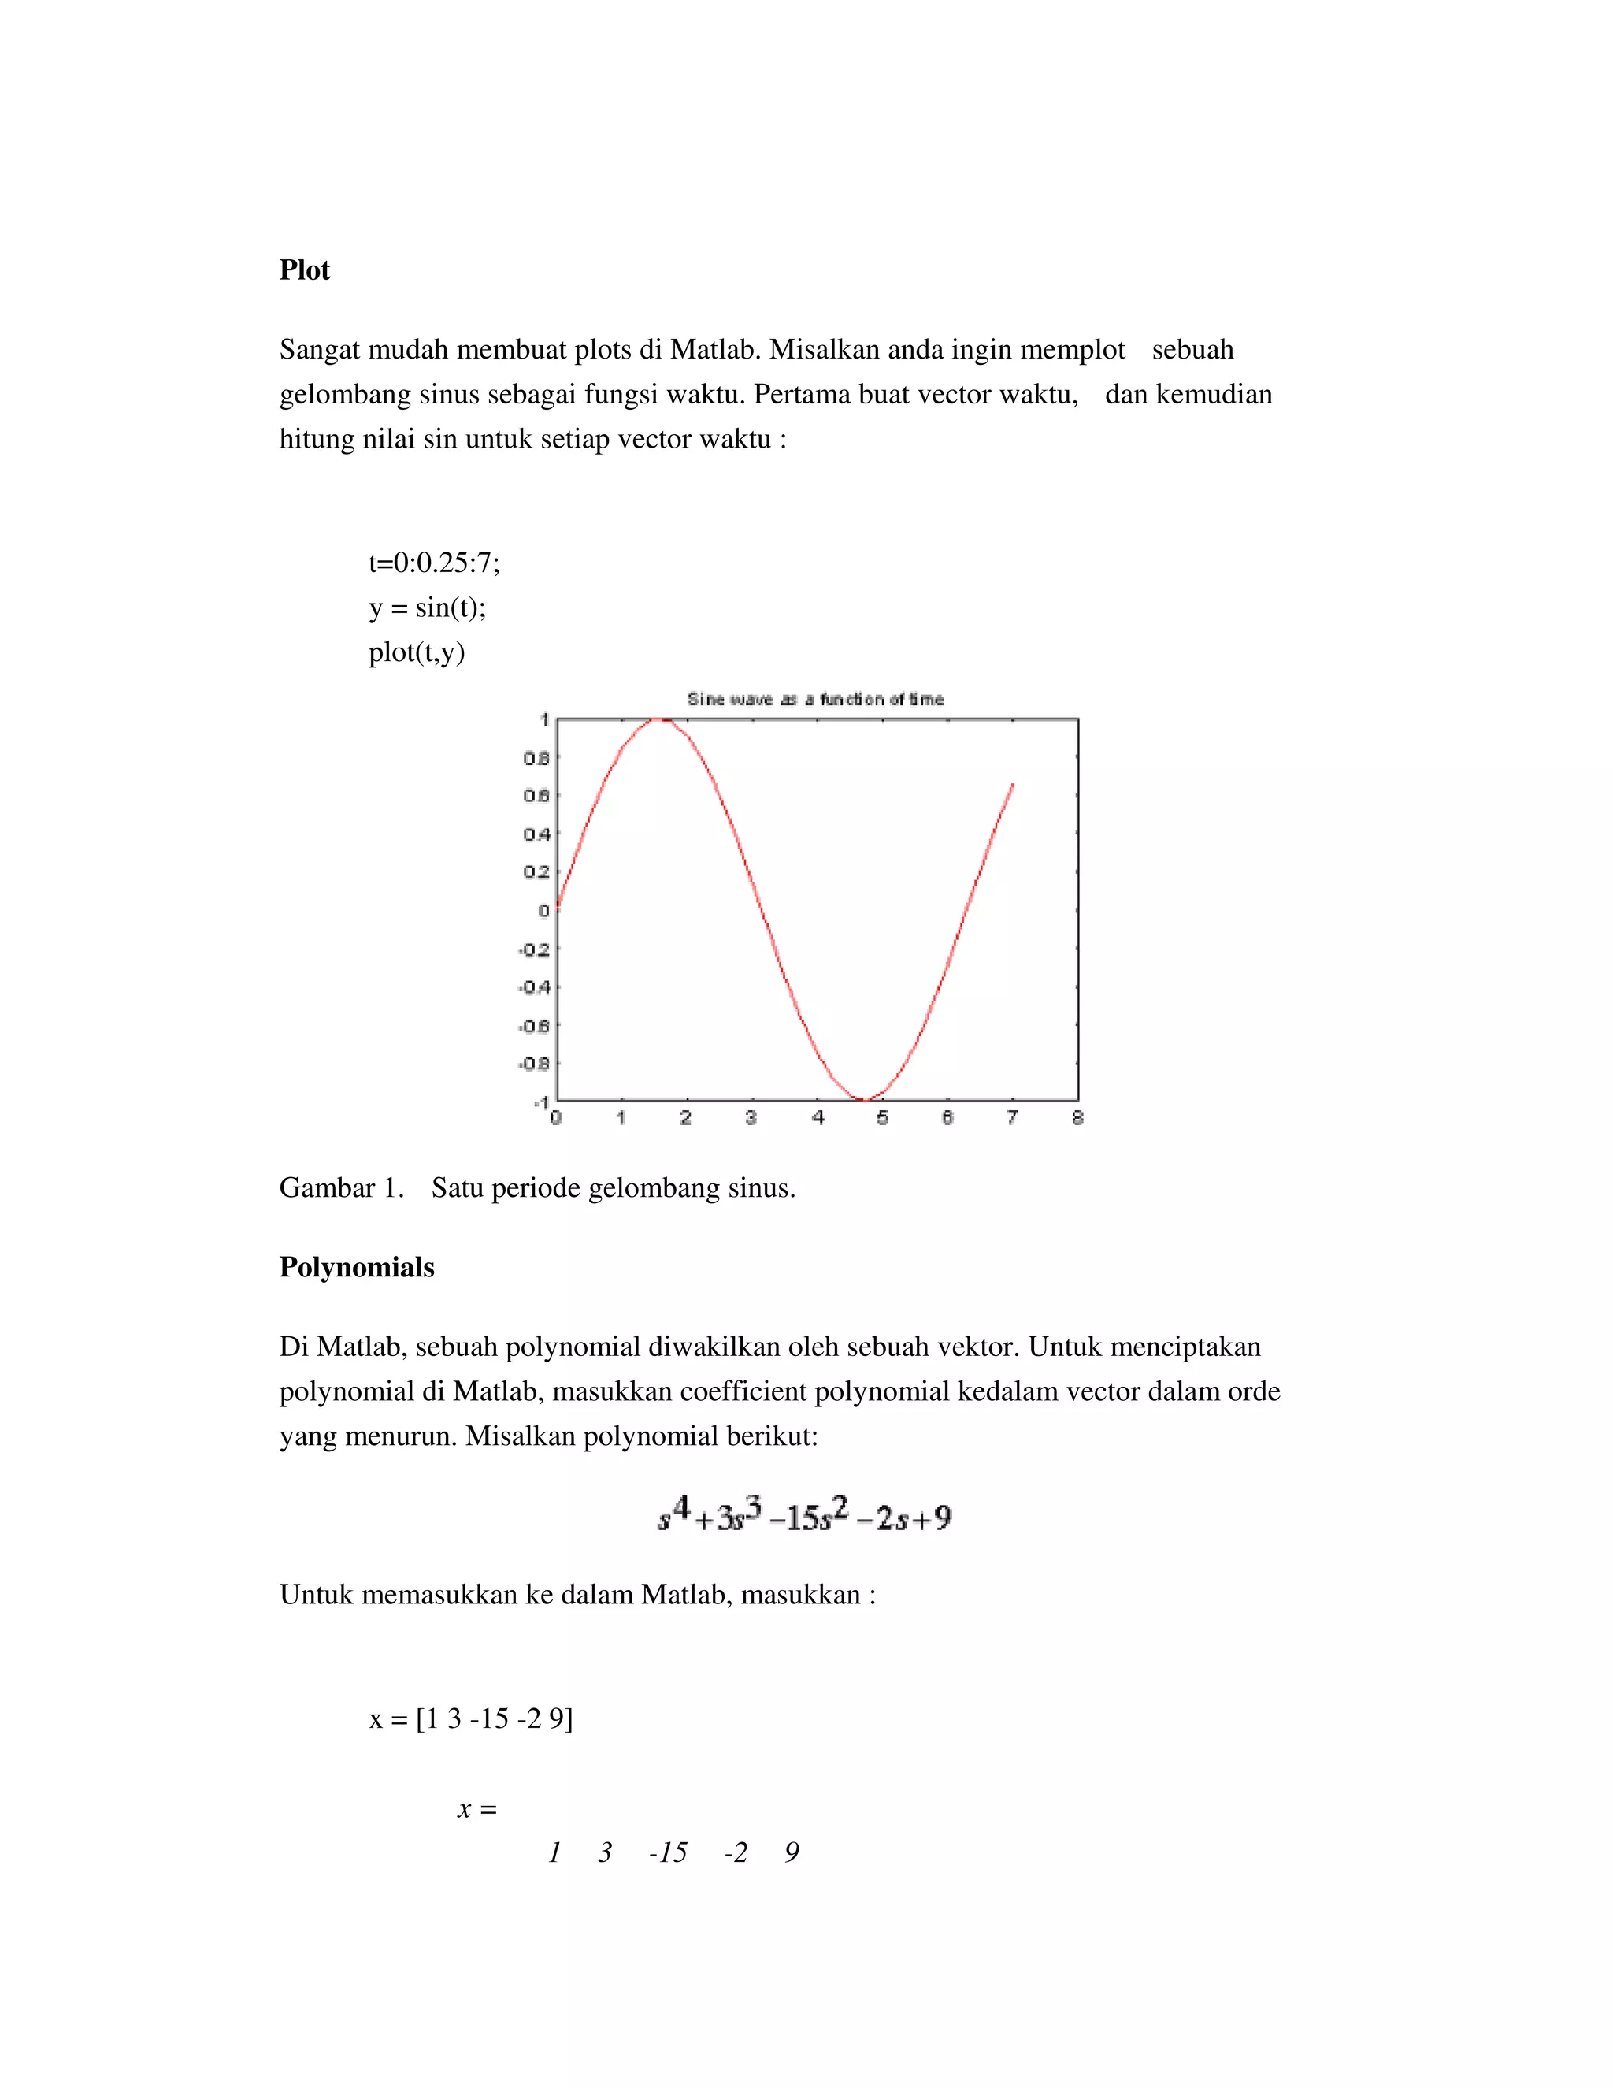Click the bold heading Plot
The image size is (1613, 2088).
[304, 270]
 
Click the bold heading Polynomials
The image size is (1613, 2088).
[357, 1268]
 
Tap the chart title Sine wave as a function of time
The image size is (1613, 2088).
[815, 699]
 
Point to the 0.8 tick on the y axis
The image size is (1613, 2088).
[536, 758]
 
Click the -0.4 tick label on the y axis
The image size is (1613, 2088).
[534, 986]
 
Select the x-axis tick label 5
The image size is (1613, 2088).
[883, 1116]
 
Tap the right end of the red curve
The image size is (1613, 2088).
[1012, 785]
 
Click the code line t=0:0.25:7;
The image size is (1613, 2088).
[434, 563]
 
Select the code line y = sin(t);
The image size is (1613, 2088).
[427, 608]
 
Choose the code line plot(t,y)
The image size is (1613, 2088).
[417, 653]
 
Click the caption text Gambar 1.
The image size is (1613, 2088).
[341, 1188]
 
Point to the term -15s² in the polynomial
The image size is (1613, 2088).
[808, 1518]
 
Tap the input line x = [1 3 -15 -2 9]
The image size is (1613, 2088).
[471, 1719]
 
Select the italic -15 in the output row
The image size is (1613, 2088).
[668, 1853]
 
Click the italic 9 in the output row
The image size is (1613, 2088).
[792, 1853]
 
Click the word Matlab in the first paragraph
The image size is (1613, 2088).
[714, 350]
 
